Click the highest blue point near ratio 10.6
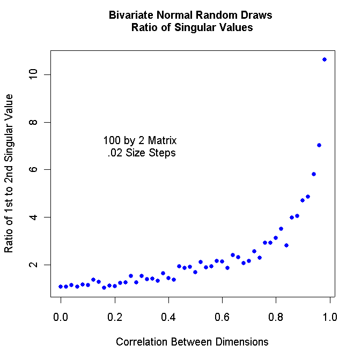click(325, 59)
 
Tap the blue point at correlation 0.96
click(319, 145)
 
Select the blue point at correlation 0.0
click(61, 287)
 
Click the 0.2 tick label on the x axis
click(114, 317)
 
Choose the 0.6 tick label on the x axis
click(222, 317)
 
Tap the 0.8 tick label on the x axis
click(276, 317)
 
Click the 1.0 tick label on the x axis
click(329, 317)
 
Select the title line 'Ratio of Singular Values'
click(191, 28)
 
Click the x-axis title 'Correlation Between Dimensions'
click(192, 341)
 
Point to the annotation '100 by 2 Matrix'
click(140, 141)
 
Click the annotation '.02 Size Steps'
click(142, 153)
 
